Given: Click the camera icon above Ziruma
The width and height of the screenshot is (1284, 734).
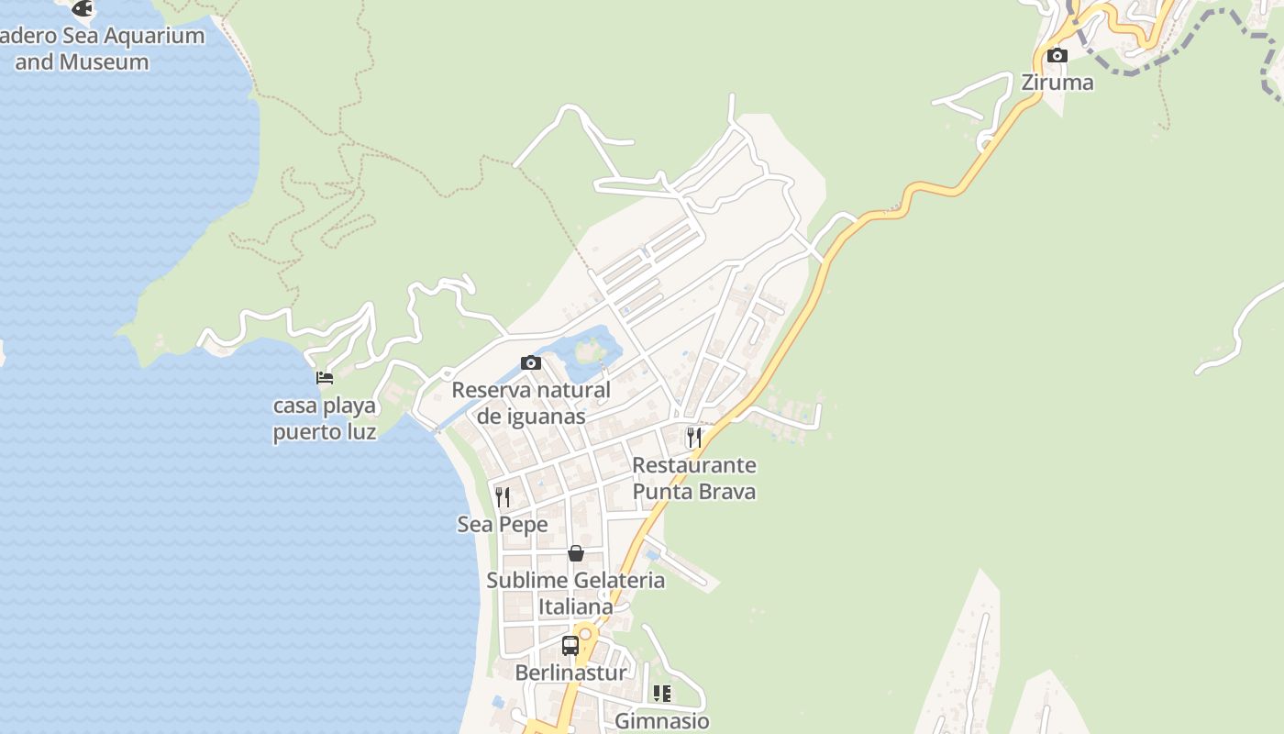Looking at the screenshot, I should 1057,55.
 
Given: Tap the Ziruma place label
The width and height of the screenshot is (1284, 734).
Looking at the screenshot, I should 1057,83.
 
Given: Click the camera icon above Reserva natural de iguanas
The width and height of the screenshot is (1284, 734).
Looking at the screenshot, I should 530,362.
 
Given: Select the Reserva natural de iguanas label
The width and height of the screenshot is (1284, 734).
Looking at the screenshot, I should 531,403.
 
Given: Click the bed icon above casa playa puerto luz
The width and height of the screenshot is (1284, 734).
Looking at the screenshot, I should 324,377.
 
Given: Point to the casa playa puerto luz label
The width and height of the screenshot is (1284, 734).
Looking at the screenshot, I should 325,418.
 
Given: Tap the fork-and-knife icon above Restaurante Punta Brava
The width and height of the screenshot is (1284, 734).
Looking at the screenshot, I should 694,437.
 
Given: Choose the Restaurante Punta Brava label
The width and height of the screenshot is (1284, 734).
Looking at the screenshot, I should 694,478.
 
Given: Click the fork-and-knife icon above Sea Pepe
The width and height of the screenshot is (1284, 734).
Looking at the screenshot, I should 503,497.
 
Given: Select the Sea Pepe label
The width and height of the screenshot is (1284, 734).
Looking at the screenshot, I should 503,525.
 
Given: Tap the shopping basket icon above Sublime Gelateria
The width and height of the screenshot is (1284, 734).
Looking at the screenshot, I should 576,553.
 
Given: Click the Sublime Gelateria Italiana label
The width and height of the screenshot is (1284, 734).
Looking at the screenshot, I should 576,594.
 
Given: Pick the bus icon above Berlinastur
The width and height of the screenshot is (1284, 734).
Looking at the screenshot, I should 570,645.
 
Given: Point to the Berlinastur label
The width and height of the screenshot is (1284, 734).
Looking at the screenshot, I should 570,673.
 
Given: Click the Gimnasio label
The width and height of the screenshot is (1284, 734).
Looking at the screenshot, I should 662,721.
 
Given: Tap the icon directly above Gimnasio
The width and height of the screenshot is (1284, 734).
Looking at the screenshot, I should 662,694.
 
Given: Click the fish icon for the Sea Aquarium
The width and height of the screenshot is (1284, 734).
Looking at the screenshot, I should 82,9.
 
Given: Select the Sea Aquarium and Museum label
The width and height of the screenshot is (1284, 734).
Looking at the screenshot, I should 92,50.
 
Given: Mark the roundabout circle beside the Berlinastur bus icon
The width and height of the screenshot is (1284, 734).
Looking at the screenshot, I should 585,634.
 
